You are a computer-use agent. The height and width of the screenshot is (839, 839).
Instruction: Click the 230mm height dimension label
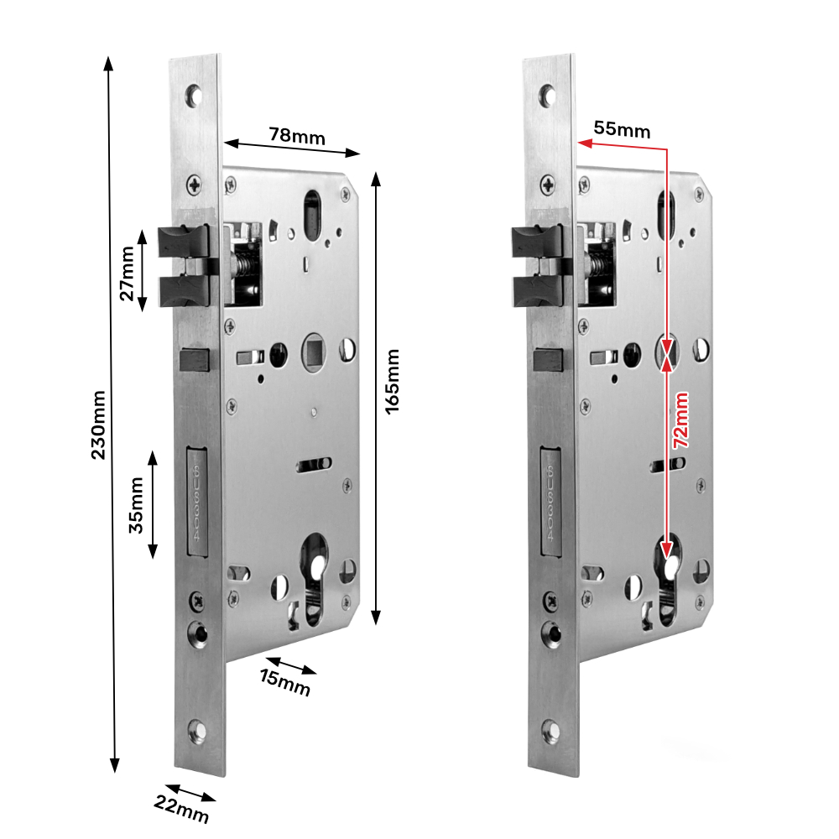99,425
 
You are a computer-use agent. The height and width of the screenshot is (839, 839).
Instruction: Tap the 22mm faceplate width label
181,811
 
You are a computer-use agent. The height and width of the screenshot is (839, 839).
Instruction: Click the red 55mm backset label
622,129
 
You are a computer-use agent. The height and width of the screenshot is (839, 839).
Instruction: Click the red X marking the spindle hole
668,352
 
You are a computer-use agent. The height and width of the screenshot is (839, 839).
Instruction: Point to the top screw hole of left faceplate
195,94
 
